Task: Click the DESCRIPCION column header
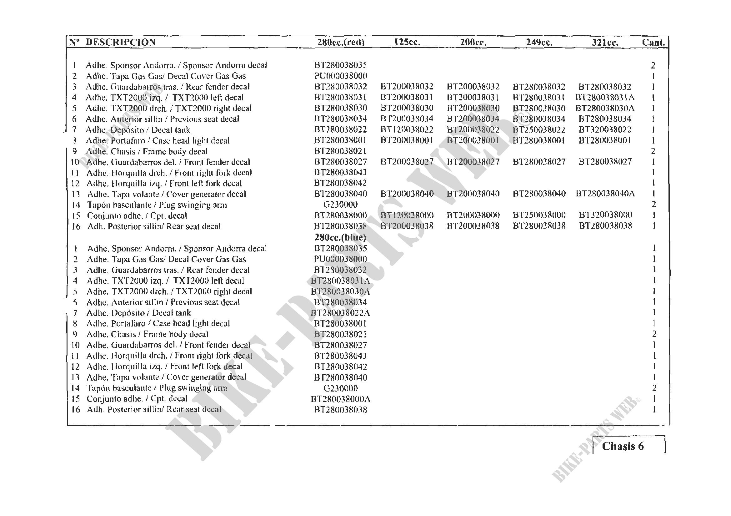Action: pyautogui.click(x=121, y=42)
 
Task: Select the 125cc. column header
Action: pyautogui.click(x=407, y=42)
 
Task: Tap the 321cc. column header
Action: pyautogui.click(x=605, y=42)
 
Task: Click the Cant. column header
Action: pyautogui.click(x=653, y=42)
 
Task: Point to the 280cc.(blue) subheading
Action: pyautogui.click(x=340, y=237)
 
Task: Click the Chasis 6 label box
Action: pyautogui.click(x=623, y=446)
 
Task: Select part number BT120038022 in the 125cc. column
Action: pyautogui.click(x=407, y=130)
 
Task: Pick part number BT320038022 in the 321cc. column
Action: pyautogui.click(x=605, y=130)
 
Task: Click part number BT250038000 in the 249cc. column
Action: pyautogui.click(x=539, y=215)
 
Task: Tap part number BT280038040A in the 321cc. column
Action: pyautogui.click(x=605, y=194)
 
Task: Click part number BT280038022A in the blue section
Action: pyautogui.click(x=340, y=313)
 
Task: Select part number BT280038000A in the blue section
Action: pyautogui.click(x=340, y=399)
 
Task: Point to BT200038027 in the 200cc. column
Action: pyautogui.click(x=473, y=162)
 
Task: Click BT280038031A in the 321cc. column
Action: pyautogui.click(x=605, y=98)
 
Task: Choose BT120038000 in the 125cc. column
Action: pyautogui.click(x=407, y=215)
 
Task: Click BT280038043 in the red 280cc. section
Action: pyautogui.click(x=340, y=172)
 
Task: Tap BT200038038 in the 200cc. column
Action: pyautogui.click(x=473, y=226)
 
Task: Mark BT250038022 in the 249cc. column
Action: pyautogui.click(x=539, y=130)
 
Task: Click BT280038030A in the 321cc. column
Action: pyautogui.click(x=605, y=108)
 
